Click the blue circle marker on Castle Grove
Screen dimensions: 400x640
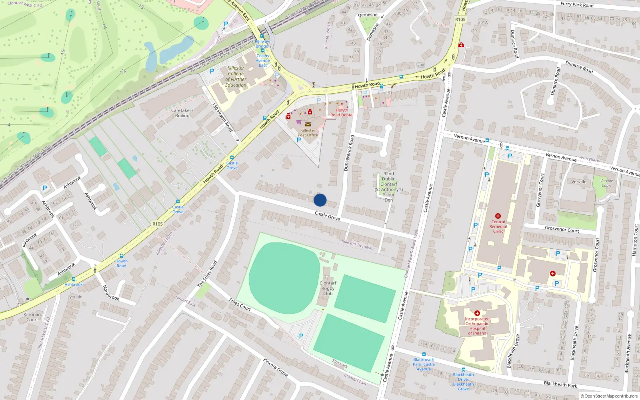point(320,200)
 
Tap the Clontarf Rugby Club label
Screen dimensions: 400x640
point(328,288)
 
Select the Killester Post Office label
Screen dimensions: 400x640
point(308,132)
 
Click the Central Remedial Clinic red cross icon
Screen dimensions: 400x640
point(498,216)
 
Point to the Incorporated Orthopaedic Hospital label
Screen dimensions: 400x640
point(477,326)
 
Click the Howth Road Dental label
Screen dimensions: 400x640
point(342,112)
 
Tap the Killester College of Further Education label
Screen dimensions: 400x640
point(236,76)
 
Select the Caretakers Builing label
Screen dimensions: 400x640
point(182,113)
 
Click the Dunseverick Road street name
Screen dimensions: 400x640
point(349,153)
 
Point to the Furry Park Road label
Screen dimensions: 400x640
point(577,5)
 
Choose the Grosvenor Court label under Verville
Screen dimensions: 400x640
point(562,229)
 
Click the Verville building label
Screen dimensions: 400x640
point(579,182)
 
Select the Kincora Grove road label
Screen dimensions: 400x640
point(275,367)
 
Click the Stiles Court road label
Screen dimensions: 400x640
point(240,304)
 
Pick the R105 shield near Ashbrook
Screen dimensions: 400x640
point(158,224)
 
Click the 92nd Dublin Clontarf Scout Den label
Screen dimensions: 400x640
point(388,187)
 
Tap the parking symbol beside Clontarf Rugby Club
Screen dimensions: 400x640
point(301,336)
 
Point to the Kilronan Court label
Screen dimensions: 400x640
point(32,317)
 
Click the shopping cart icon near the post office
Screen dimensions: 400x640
point(299,122)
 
